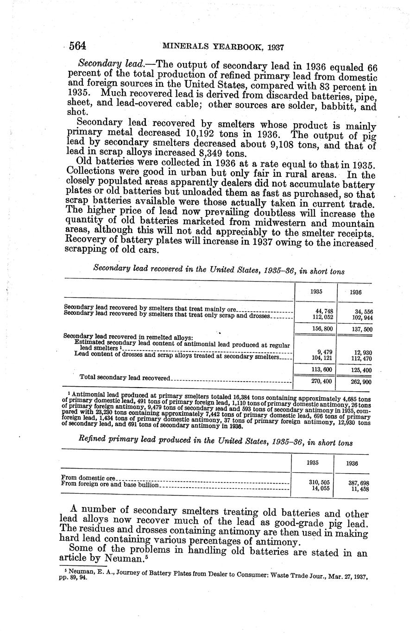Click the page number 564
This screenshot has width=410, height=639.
(x=78, y=46)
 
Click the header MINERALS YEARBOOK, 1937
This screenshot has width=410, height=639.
(x=223, y=47)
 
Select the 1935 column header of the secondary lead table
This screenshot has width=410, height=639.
(x=317, y=292)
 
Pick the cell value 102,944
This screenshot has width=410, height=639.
(x=362, y=318)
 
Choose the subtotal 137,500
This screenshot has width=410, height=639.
(x=362, y=330)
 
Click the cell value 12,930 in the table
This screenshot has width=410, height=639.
(x=362, y=353)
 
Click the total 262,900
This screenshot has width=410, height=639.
(x=362, y=382)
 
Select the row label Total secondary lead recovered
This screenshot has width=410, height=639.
(x=125, y=378)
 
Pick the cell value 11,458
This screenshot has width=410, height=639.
(x=359, y=489)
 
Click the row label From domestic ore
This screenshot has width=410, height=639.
(x=88, y=478)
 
